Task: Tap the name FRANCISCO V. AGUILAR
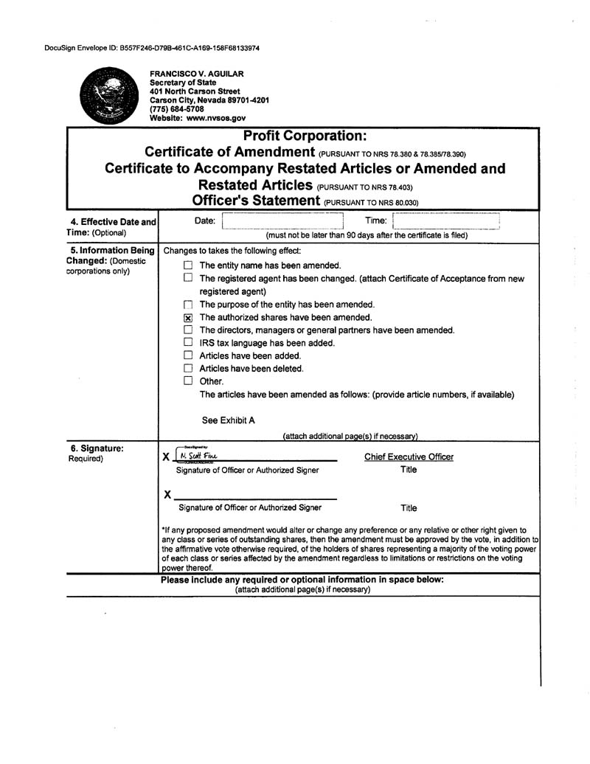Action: click(196, 74)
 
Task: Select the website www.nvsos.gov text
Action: click(198, 118)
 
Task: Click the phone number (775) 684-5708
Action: click(177, 109)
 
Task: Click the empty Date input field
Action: click(283, 220)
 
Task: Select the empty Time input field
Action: click(445, 220)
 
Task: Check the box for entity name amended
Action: click(188, 265)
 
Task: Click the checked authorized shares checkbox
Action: click(188, 318)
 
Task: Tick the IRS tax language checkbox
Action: click(188, 343)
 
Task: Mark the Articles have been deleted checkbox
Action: click(188, 369)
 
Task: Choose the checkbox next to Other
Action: click(188, 381)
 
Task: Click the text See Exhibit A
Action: click(229, 420)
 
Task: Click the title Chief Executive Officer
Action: click(409, 457)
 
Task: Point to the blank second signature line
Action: click(255, 495)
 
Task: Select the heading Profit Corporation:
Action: click(304, 136)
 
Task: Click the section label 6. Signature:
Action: click(97, 448)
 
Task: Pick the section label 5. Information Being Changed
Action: click(111, 256)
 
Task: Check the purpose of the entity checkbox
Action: click(188, 305)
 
